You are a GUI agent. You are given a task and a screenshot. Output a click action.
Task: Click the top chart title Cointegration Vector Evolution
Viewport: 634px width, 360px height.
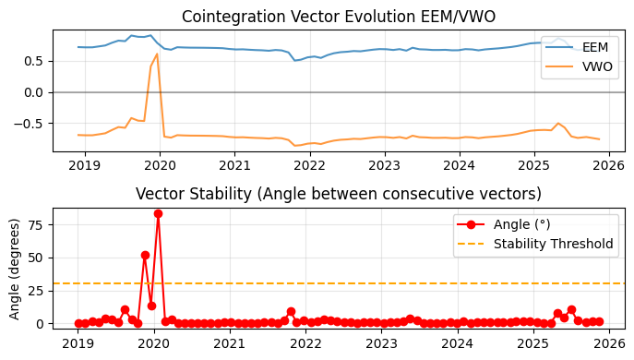tap(338, 17)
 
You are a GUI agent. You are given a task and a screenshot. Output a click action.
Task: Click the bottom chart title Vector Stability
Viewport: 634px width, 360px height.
tap(338, 194)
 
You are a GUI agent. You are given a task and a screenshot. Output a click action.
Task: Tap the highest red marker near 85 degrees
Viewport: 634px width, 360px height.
tap(158, 213)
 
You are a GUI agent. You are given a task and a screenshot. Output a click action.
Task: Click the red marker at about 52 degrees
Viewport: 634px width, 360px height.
tap(145, 255)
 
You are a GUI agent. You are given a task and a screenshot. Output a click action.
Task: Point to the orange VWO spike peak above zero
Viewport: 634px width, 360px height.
tap(157, 54)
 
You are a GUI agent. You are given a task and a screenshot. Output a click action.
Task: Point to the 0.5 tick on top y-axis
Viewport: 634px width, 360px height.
tap(34, 61)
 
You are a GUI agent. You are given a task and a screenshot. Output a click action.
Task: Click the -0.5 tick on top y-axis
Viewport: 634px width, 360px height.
tap(31, 123)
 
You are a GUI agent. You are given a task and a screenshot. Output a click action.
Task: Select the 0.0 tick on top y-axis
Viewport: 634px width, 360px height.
tap(34, 92)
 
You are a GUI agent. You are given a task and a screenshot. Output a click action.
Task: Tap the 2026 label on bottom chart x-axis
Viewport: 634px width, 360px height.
tap(609, 343)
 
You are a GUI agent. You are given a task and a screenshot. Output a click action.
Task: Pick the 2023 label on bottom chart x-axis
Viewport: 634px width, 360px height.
tap(382, 343)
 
